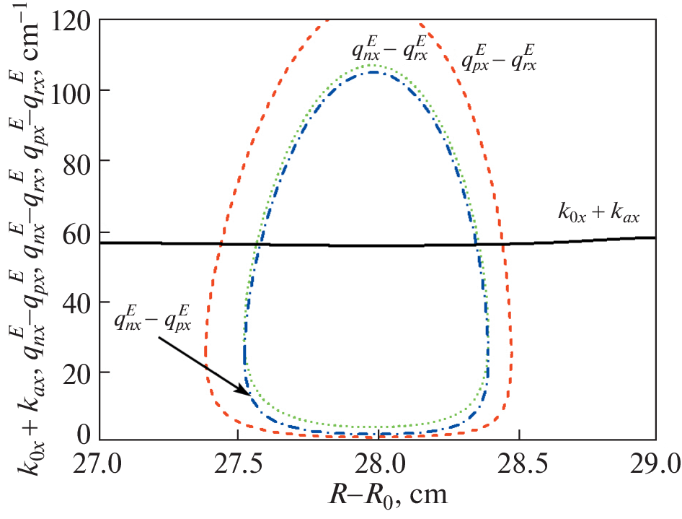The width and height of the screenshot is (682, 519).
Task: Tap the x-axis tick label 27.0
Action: pyautogui.click(x=99, y=461)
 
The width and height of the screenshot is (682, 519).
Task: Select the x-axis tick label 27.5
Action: pyautogui.click(x=239, y=461)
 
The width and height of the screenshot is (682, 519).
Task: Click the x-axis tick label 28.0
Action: pyautogui.click(x=378, y=461)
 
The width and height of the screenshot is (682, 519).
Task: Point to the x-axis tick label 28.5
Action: pyautogui.click(x=517, y=461)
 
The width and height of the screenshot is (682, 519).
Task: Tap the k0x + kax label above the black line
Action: pyautogui.click(x=598, y=215)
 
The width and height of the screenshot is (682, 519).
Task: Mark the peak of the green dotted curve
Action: pyautogui.click(x=373, y=65)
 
